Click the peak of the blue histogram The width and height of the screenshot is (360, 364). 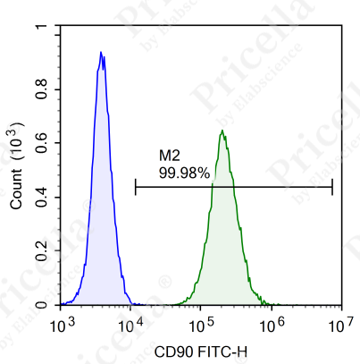[x=101, y=53]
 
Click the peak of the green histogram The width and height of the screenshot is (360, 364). [x=222, y=132]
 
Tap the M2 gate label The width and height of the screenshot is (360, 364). [x=170, y=157]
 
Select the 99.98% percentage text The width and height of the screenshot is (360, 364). [x=184, y=173]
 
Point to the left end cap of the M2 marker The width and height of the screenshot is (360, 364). [x=136, y=187]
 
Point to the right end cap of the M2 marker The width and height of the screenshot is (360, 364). [x=332, y=187]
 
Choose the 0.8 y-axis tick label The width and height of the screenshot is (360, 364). [x=44, y=85]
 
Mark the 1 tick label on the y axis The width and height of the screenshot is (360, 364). [x=49, y=29]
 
